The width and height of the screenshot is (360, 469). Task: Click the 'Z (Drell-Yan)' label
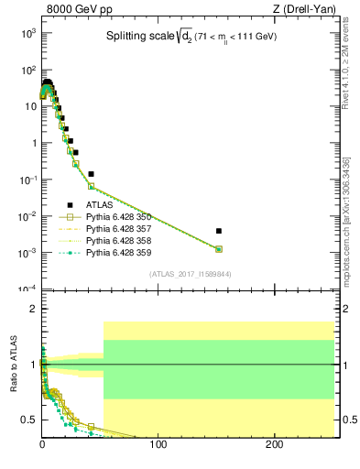(x=307, y=9)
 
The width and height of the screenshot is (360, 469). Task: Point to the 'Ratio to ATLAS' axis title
(x=15, y=365)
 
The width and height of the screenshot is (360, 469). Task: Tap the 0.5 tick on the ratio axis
(x=29, y=420)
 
